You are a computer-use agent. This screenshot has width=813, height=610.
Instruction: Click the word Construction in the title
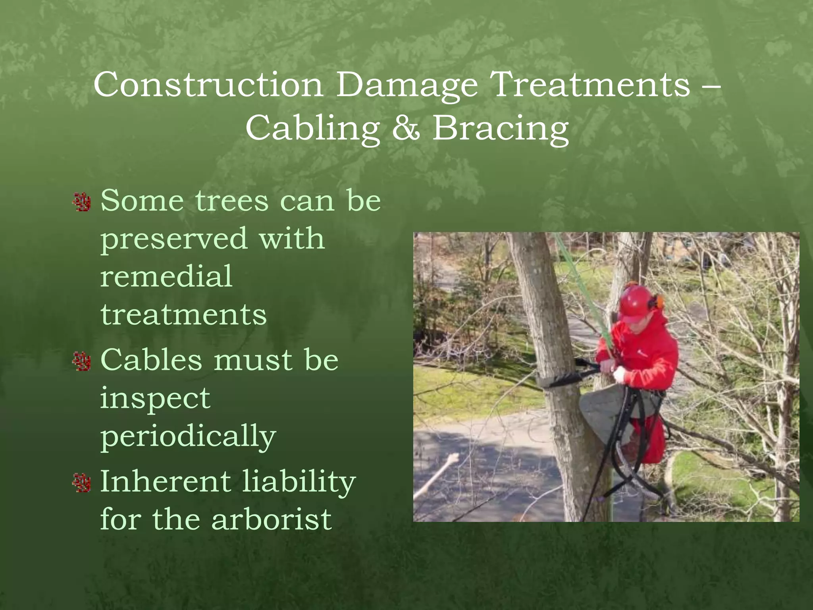(x=208, y=85)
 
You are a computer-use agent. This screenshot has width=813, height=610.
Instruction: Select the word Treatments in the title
(x=590, y=85)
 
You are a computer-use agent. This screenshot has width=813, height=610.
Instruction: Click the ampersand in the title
(x=406, y=128)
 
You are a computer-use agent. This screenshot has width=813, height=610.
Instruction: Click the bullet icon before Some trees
(x=83, y=202)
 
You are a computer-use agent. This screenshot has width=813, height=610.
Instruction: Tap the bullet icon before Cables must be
(x=83, y=361)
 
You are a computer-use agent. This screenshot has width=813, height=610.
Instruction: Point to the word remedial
(x=166, y=276)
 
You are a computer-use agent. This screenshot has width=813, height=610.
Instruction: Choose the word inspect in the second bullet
(x=155, y=399)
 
